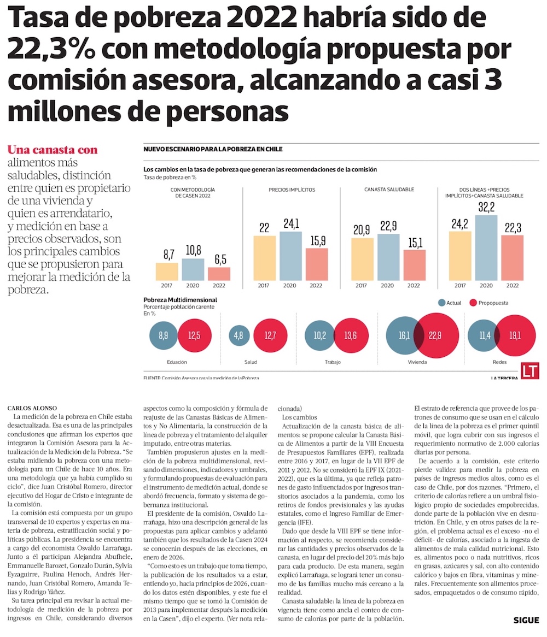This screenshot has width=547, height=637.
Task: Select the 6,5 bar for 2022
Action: [219, 273]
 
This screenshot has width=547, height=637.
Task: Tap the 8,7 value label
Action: [167, 255]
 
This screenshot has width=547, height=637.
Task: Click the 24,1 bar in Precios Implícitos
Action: [290, 255]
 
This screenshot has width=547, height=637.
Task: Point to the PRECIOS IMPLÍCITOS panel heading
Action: [292, 190]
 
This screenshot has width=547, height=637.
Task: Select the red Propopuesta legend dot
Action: [473, 303]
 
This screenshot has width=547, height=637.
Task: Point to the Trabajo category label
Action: [332, 362]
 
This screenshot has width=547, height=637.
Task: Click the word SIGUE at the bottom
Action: [526, 620]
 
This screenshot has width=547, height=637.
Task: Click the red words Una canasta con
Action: [53, 150]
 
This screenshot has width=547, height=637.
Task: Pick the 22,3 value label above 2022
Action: [513, 227]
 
